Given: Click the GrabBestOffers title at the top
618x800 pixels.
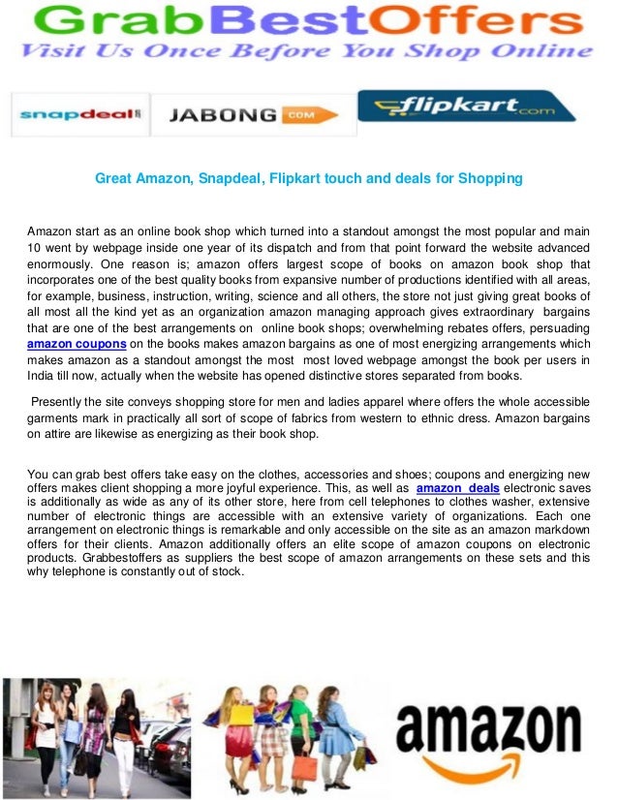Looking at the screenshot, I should (x=308, y=19).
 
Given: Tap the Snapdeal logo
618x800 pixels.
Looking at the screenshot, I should (x=79, y=115).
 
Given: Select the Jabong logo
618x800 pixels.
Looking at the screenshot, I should (x=252, y=115).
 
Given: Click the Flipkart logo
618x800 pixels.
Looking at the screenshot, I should (x=467, y=107).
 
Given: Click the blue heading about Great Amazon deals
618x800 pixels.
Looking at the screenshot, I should (x=308, y=178).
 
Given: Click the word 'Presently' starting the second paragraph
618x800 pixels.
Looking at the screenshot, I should (x=60, y=401).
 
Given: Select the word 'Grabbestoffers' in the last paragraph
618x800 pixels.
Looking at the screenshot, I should (x=116, y=558).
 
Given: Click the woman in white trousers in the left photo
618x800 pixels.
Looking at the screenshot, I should (x=125, y=736).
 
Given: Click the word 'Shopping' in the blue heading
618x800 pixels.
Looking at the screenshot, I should (x=490, y=178).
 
